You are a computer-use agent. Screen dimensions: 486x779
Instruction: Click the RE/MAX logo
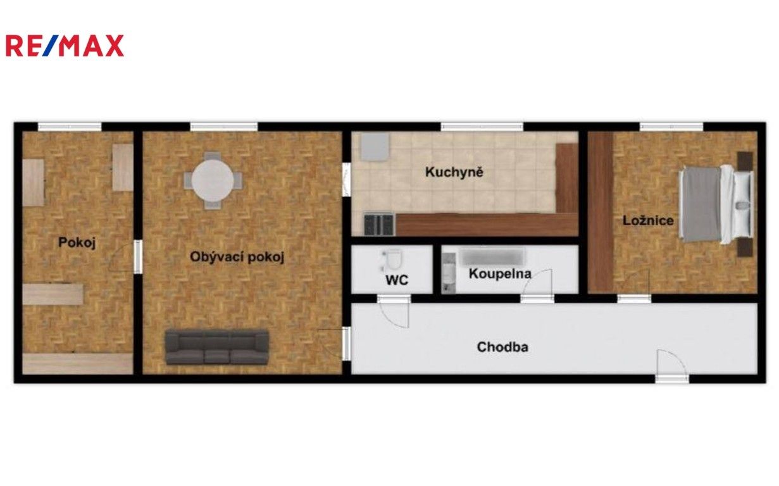pyautogui.click(x=65, y=46)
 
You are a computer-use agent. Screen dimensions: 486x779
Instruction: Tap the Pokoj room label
pyautogui.click(x=77, y=242)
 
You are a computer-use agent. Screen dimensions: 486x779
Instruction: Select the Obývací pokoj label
pyautogui.click(x=237, y=257)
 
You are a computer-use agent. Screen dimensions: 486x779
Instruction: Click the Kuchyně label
pyautogui.click(x=454, y=171)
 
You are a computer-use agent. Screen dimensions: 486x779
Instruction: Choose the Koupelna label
pyautogui.click(x=499, y=273)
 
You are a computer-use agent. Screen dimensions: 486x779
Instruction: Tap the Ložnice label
pyautogui.click(x=647, y=221)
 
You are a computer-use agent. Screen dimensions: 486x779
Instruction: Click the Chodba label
pyautogui.click(x=502, y=347)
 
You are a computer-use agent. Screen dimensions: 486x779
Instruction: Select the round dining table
pyautogui.click(x=214, y=180)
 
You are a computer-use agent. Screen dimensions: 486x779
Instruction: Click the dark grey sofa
pyautogui.click(x=216, y=347)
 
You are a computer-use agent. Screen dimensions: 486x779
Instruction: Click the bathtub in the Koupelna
pyautogui.click(x=493, y=257)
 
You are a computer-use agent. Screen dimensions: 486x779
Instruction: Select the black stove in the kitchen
pyautogui.click(x=378, y=223)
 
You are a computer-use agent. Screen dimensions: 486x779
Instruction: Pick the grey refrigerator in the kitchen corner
pyautogui.click(x=374, y=147)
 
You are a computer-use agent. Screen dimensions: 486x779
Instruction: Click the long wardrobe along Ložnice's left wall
pyautogui.click(x=600, y=212)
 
